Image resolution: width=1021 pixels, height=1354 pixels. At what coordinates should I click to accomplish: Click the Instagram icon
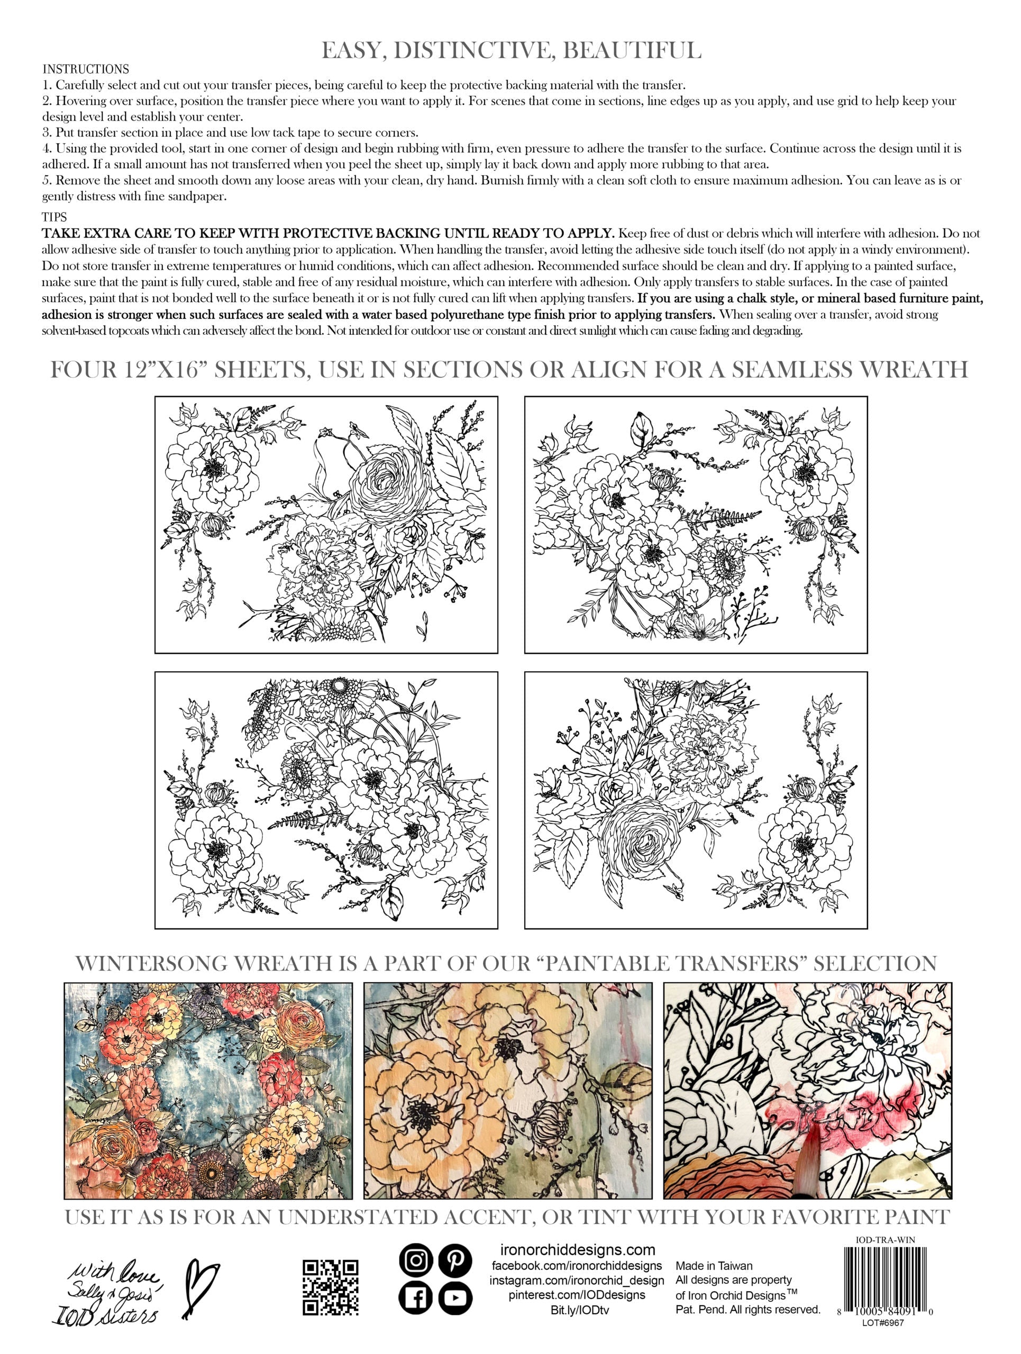pos(416,1260)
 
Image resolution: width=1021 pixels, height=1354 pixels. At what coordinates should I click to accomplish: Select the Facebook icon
pos(416,1298)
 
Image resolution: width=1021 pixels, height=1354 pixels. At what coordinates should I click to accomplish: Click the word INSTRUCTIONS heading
pos(86,69)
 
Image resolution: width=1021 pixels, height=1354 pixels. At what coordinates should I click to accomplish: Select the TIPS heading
pos(54,217)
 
